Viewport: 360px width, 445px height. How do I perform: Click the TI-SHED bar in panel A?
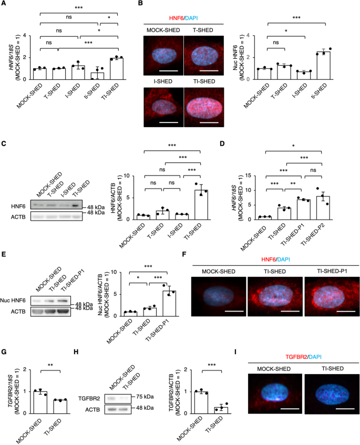(117, 69)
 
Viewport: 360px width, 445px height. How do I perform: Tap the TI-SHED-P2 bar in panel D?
(323, 208)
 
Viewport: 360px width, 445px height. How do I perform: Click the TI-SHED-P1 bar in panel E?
(169, 303)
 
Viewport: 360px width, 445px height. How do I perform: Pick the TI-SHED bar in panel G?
(60, 407)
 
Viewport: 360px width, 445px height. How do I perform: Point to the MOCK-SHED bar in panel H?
(201, 402)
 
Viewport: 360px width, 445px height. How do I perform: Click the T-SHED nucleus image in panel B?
(204, 55)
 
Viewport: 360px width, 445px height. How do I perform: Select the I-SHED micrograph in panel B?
(163, 107)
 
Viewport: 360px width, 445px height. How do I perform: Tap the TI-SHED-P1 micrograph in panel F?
(332, 296)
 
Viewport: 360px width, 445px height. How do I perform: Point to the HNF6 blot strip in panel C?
(56, 205)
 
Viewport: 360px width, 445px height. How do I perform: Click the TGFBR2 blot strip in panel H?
(118, 399)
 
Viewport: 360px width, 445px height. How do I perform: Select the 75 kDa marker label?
(145, 397)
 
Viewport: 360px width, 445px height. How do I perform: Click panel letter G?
(4, 352)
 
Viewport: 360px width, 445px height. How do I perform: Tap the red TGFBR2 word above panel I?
(296, 357)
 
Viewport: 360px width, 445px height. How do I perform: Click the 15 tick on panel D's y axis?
(248, 175)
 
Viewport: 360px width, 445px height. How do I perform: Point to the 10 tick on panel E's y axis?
(114, 272)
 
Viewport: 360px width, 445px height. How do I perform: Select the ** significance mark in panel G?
(50, 365)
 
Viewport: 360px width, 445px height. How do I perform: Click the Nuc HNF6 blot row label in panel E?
(13, 301)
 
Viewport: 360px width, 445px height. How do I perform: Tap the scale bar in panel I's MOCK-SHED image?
(290, 409)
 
